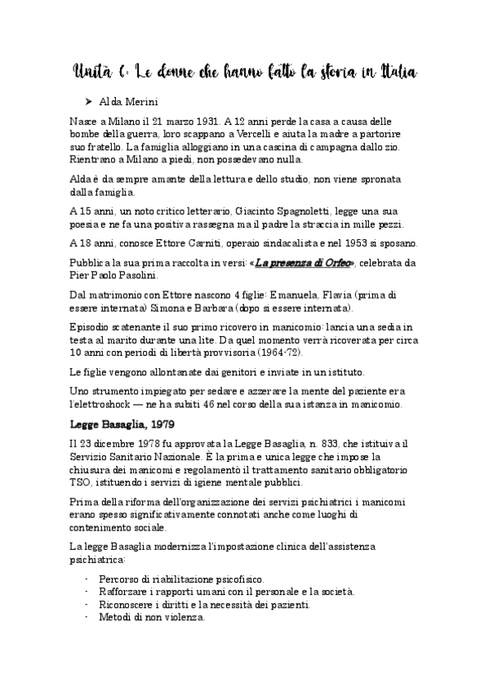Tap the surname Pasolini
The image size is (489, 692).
[140, 276]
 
